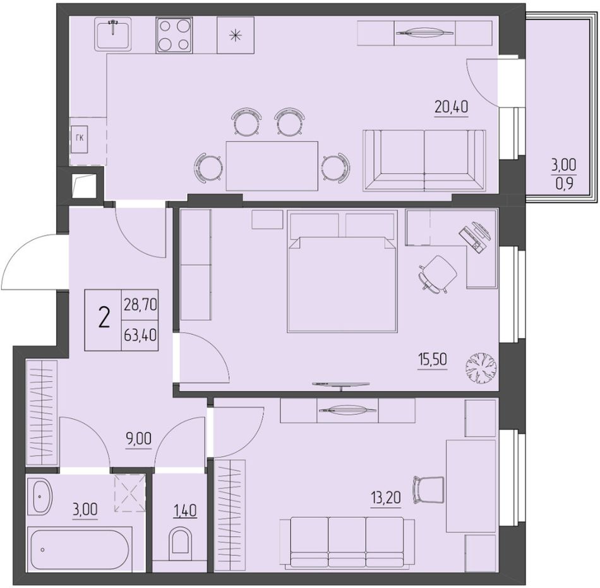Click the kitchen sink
113,34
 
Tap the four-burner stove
174,35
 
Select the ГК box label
80,138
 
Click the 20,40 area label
451,107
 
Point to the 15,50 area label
433,360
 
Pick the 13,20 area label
386,498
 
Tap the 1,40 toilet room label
185,510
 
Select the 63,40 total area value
140,335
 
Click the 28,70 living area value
140,305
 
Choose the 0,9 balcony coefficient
564,184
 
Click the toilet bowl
179,540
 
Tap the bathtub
79,549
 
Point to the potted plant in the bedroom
481,367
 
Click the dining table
272,166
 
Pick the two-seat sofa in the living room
424,160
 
